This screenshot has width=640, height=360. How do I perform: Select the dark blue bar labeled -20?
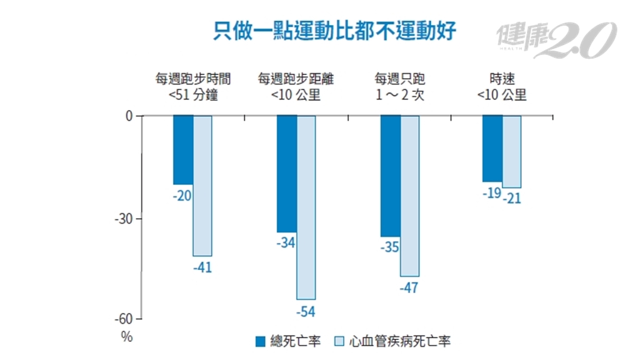tap(183, 150)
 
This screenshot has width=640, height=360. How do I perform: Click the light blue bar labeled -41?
tap(202, 186)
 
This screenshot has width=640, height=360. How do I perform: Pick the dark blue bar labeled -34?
tap(287, 174)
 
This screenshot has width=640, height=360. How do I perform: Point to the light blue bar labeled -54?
tap(306, 207)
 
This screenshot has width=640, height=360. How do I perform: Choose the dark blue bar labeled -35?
tap(390, 176)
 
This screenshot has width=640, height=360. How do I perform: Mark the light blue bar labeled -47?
tap(409, 196)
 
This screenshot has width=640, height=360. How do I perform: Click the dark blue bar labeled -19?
tap(492, 148)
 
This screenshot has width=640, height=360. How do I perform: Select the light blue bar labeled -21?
tap(512, 151)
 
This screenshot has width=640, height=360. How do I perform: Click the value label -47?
tap(409, 288)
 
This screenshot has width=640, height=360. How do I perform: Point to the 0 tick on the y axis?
tap(130, 116)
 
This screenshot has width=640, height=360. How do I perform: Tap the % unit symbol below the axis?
tap(127, 336)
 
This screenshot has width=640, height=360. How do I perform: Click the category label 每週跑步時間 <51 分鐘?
tap(193, 87)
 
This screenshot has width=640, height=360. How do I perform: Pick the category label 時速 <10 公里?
tap(502, 87)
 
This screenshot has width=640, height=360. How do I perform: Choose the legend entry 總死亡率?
tap(288, 341)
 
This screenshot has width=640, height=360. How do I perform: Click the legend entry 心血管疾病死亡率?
tap(393, 341)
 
